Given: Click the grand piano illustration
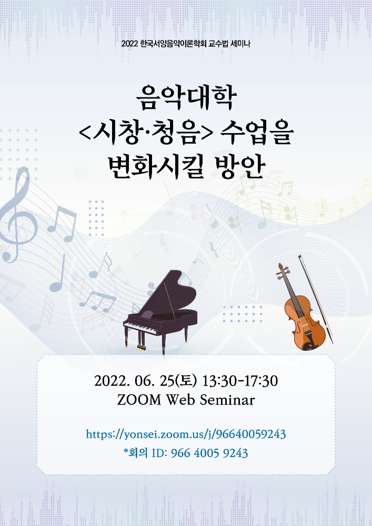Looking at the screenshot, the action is pyautogui.click(x=160, y=313).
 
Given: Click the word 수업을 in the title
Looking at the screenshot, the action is pyautogui.click(x=257, y=133).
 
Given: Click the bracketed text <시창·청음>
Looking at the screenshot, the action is pyautogui.click(x=146, y=133).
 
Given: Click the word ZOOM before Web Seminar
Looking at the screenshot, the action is pyautogui.click(x=139, y=400).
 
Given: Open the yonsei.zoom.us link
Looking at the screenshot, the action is pyautogui.click(x=186, y=434).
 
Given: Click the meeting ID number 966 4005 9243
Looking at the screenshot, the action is pyautogui.click(x=209, y=453).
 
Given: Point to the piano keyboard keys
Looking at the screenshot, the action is pyautogui.click(x=140, y=327).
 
